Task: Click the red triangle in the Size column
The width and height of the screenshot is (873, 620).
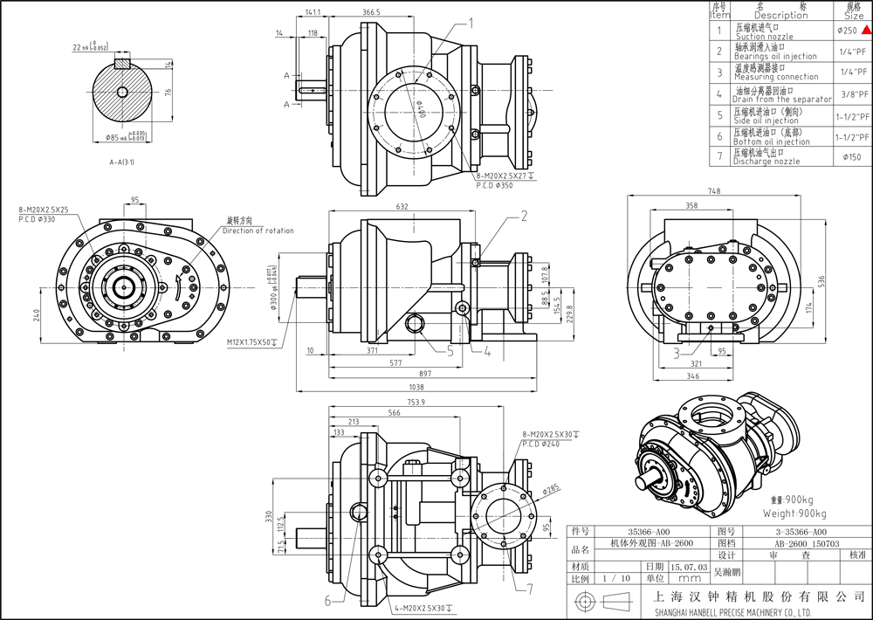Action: pyautogui.click(x=866, y=31)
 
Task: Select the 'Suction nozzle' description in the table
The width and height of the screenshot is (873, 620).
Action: pyautogui.click(x=764, y=38)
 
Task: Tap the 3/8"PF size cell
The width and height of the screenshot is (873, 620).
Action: pyautogui.click(x=853, y=94)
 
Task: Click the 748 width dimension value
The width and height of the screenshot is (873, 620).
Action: pyautogui.click(x=714, y=191)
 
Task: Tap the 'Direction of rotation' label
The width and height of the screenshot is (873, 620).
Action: pyautogui.click(x=258, y=231)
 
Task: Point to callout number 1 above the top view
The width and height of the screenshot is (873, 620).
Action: pyautogui.click(x=472, y=23)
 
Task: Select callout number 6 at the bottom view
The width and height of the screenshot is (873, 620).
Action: pyautogui.click(x=329, y=600)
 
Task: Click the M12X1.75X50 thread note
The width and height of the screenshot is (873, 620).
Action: pyautogui.click(x=251, y=341)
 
